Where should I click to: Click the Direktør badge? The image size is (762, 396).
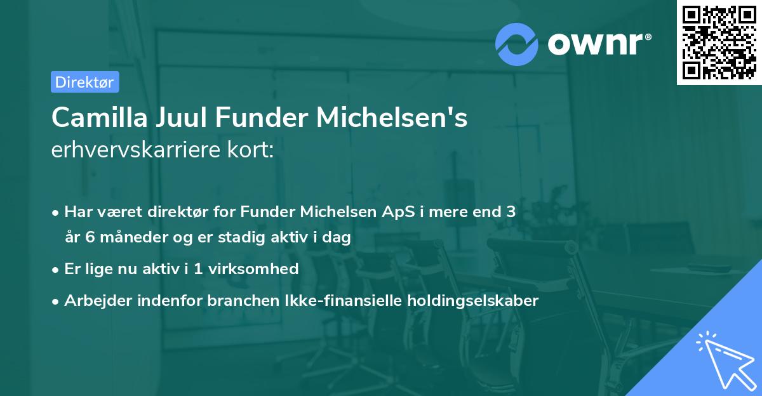click(x=84, y=82)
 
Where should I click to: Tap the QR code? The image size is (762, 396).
click(x=718, y=43)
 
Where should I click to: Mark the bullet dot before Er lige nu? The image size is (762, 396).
click(x=57, y=269)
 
